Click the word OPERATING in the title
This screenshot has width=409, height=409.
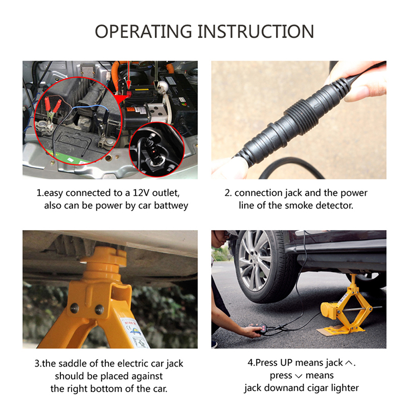point(143,32)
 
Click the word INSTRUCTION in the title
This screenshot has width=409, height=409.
point(256,32)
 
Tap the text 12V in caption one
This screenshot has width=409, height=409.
point(141,193)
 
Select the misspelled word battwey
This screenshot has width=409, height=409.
point(171,206)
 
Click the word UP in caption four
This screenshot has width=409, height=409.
point(286,362)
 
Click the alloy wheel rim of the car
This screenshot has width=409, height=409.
point(254,261)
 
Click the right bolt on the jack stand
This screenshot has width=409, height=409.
point(99,310)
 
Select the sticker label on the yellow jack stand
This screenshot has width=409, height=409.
point(134,333)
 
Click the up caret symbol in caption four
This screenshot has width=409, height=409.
point(349,363)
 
